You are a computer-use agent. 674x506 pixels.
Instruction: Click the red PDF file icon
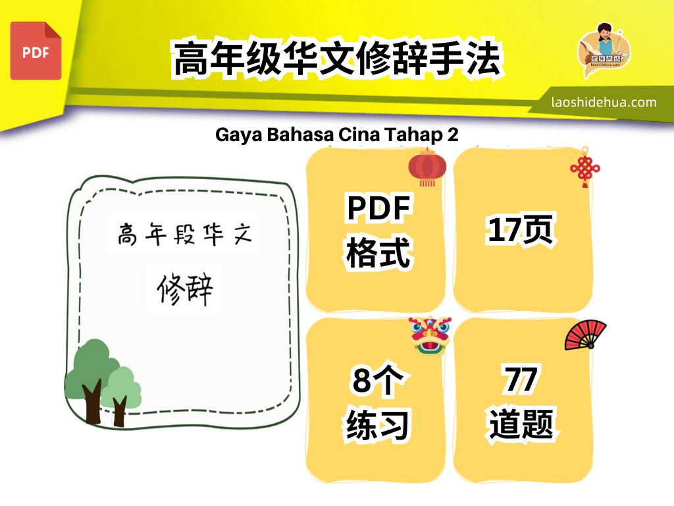point(36,51)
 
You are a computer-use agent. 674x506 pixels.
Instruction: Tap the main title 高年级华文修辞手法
point(337,59)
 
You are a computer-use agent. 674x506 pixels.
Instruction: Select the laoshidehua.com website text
point(604,102)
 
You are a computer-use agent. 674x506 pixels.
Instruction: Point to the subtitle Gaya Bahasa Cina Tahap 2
point(336,134)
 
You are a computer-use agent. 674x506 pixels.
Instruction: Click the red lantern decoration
point(427,167)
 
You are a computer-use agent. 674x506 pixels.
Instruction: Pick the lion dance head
point(430,335)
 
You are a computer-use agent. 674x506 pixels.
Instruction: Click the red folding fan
point(585,335)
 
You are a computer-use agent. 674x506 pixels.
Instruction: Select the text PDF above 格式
point(378,208)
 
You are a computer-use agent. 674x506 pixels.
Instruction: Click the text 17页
point(521,229)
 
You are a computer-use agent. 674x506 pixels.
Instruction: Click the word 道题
point(521,424)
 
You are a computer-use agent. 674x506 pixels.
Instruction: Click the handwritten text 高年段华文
point(184,234)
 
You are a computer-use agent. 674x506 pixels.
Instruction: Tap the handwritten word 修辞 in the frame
point(185,289)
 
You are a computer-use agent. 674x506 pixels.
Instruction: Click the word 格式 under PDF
point(378,252)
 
